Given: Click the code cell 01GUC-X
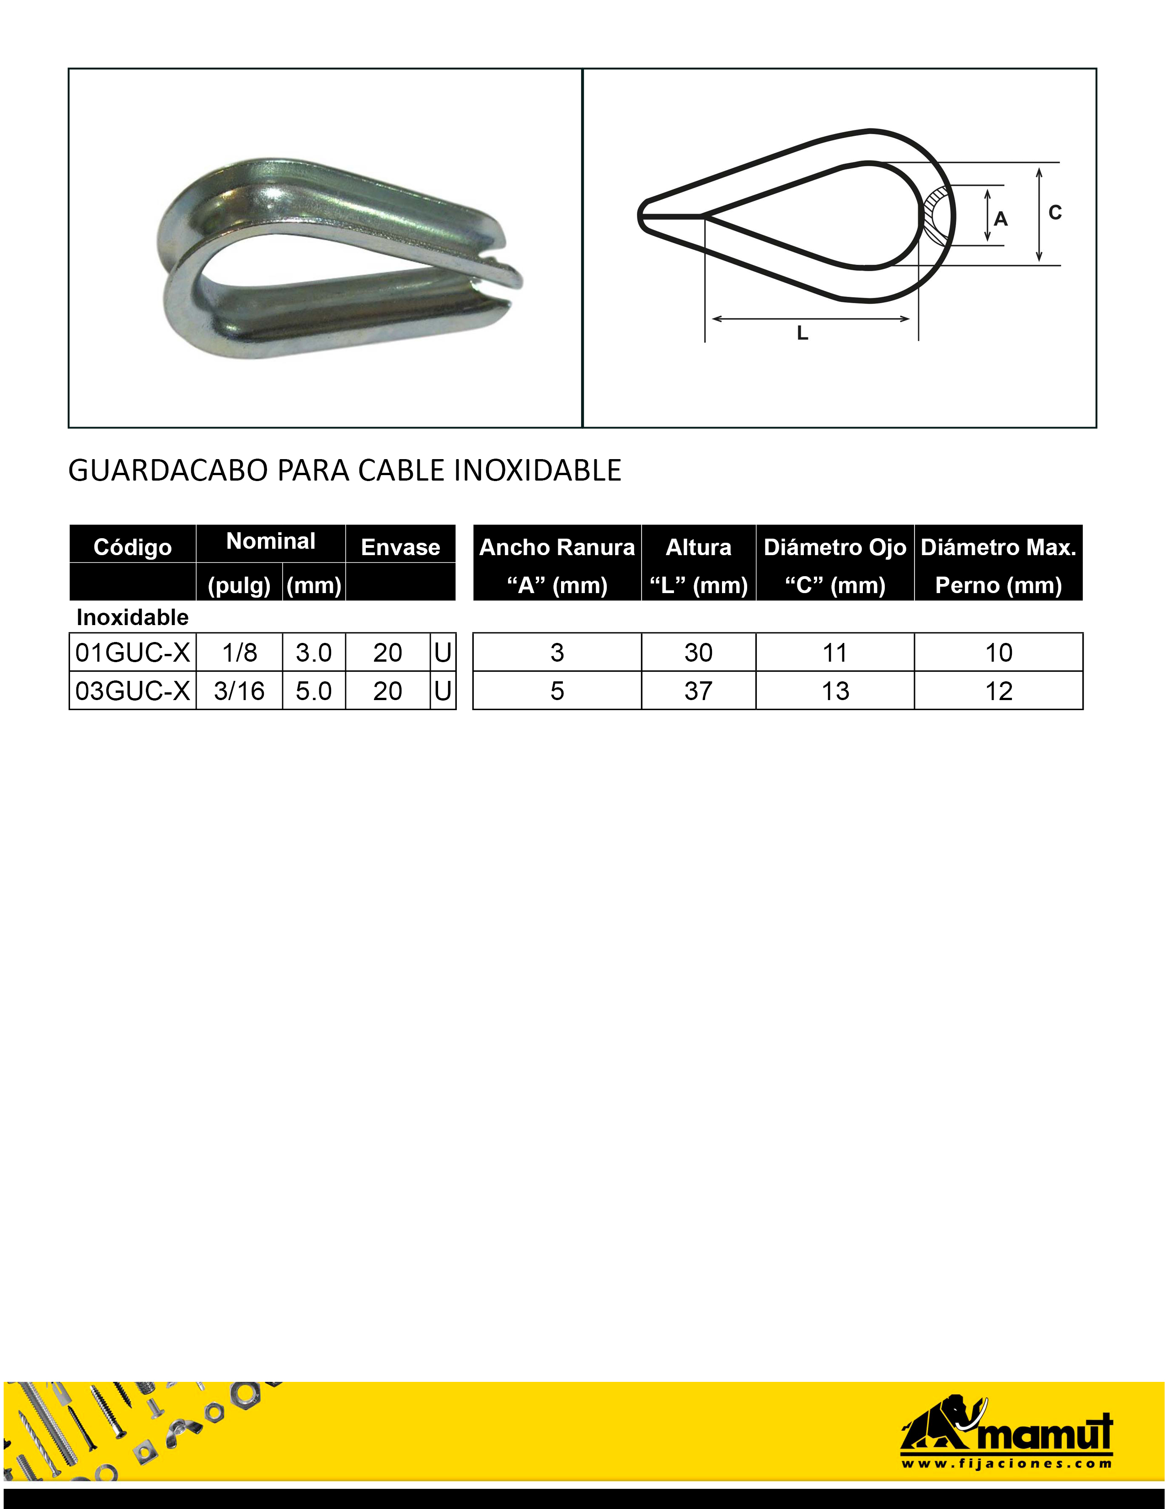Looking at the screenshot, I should tap(133, 652).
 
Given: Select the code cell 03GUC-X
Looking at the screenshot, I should tap(133, 691).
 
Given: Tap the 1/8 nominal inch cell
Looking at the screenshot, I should tap(240, 652).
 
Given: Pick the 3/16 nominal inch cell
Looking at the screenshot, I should tap(240, 691).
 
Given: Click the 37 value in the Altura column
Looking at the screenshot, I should tap(698, 691).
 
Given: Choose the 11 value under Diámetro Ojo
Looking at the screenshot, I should tap(834, 652).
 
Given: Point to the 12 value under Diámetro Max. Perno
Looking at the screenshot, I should tap(999, 691).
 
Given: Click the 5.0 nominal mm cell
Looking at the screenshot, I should tap(314, 691).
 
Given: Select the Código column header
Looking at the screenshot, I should tap(133, 547).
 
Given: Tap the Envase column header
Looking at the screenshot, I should tap(401, 547).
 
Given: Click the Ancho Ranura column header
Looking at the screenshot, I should tap(557, 547).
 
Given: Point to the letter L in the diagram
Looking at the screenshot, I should tap(802, 334).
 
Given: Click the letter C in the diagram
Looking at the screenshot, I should tap(1055, 213).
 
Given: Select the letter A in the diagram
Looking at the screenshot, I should tap(1001, 219).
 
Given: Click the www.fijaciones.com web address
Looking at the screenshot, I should tap(1006, 1463).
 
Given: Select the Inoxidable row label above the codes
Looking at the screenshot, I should tap(133, 617).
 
